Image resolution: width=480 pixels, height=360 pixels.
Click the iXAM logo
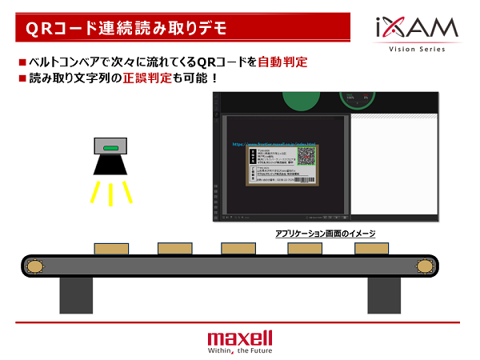[417, 30]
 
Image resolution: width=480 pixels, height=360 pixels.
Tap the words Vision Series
[417, 50]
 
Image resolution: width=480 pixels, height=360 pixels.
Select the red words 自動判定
[283, 62]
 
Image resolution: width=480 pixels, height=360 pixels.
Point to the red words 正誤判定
[142, 79]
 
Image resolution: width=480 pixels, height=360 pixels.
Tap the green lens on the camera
[111, 148]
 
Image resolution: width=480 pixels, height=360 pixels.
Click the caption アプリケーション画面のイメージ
[325, 234]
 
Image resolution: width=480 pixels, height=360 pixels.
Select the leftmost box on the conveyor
[110, 249]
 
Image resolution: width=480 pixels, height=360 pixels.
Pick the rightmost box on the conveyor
[372, 249]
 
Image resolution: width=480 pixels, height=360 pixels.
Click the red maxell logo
[239, 337]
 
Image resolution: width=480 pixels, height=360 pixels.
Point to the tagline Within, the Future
[239, 350]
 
